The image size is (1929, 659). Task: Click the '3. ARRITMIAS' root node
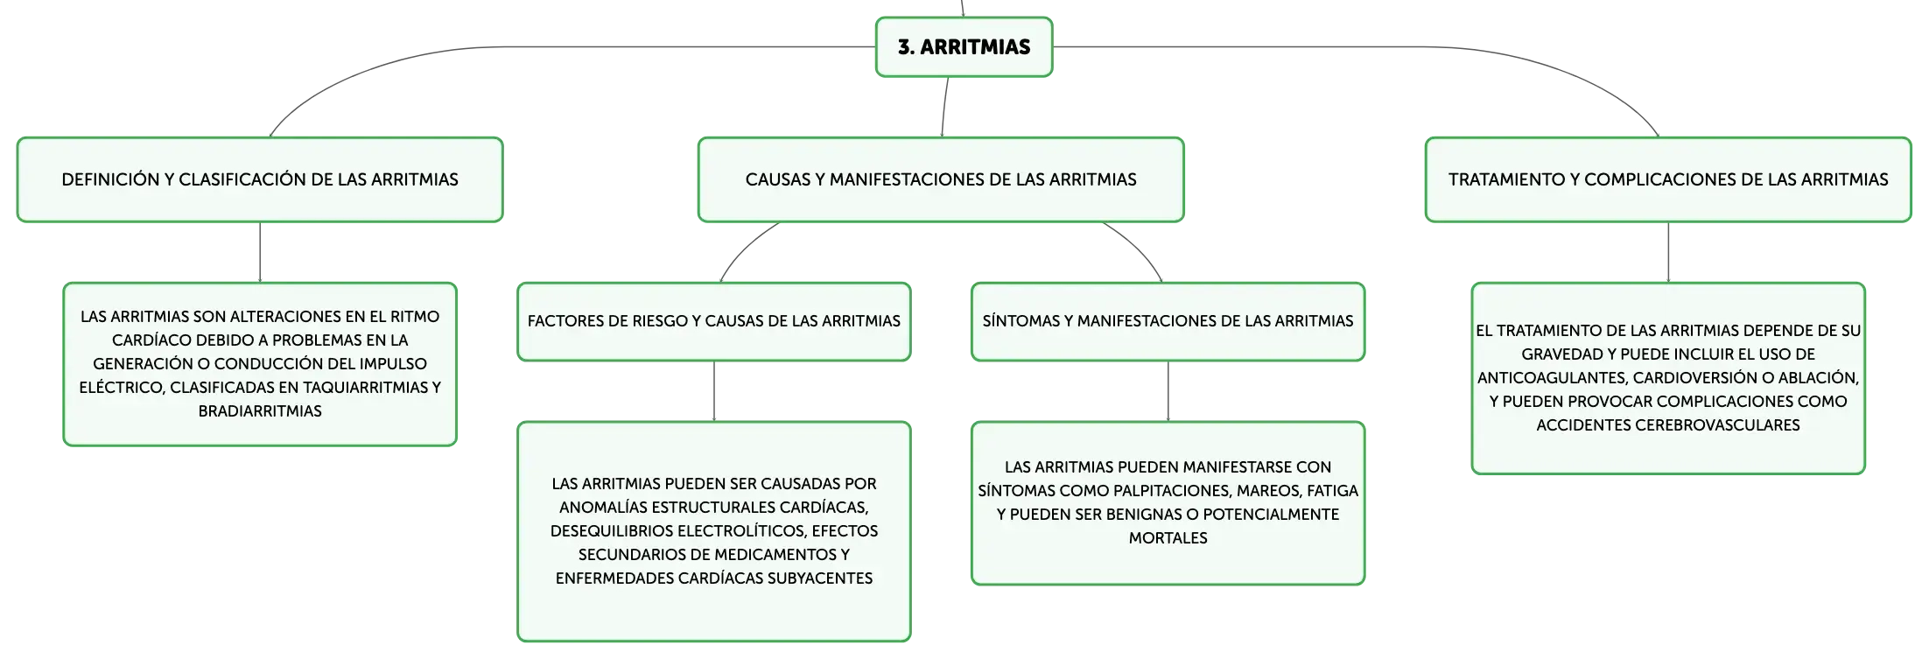pyautogui.click(x=964, y=47)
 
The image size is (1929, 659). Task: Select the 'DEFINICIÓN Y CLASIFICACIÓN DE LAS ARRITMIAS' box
pyautogui.click(x=260, y=179)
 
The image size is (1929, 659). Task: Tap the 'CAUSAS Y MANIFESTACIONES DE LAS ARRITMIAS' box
pyautogui.click(x=941, y=179)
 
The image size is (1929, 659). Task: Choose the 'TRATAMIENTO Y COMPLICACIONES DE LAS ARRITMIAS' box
pyautogui.click(x=1668, y=179)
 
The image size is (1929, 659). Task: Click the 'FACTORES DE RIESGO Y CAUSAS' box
pyautogui.click(x=714, y=321)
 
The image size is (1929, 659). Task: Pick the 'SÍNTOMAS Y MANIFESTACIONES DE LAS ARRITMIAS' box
pyautogui.click(x=1168, y=321)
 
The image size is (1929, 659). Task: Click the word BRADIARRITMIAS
pyautogui.click(x=260, y=411)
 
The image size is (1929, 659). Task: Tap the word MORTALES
pyautogui.click(x=1168, y=538)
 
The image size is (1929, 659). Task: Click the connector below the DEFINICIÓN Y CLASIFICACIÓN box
pyautogui.click(x=260, y=252)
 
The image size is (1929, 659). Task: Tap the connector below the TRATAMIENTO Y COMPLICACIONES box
pyautogui.click(x=1668, y=252)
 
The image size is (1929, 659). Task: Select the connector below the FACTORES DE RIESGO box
pyautogui.click(x=714, y=391)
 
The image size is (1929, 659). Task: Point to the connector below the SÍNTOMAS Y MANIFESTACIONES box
pyautogui.click(x=1168, y=391)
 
